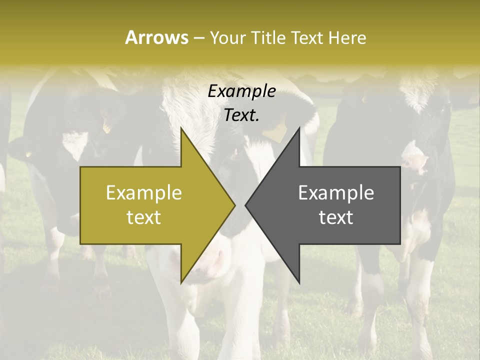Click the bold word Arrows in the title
tap(156, 37)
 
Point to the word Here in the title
tap(347, 38)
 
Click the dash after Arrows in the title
tap(198, 38)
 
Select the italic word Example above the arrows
tap(241, 91)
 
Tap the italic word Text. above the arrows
tap(241, 115)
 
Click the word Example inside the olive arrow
tap(144, 192)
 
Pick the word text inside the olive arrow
tap(144, 217)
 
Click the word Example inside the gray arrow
tap(336, 192)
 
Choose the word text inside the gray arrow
tap(336, 217)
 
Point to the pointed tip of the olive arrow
tap(234, 205)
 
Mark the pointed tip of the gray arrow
tap(246, 205)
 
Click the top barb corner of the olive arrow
tap(181, 128)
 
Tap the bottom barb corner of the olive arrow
tap(181, 282)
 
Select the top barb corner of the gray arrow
tap(299, 128)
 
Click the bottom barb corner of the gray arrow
tap(299, 282)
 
